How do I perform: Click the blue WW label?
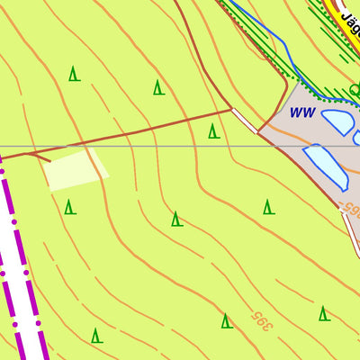[x=301, y=113]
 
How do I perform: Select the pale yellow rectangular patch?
[x=76, y=170]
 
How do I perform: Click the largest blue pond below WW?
[x=326, y=165]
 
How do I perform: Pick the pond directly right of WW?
[x=337, y=121]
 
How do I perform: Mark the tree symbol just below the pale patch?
[x=69, y=208]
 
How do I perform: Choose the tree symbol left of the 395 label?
[x=226, y=320]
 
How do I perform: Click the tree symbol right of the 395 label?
[x=323, y=313]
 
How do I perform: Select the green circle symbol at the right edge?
[x=355, y=90]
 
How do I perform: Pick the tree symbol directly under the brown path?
[x=213, y=131]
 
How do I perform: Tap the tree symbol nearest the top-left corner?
[x=75, y=74]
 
